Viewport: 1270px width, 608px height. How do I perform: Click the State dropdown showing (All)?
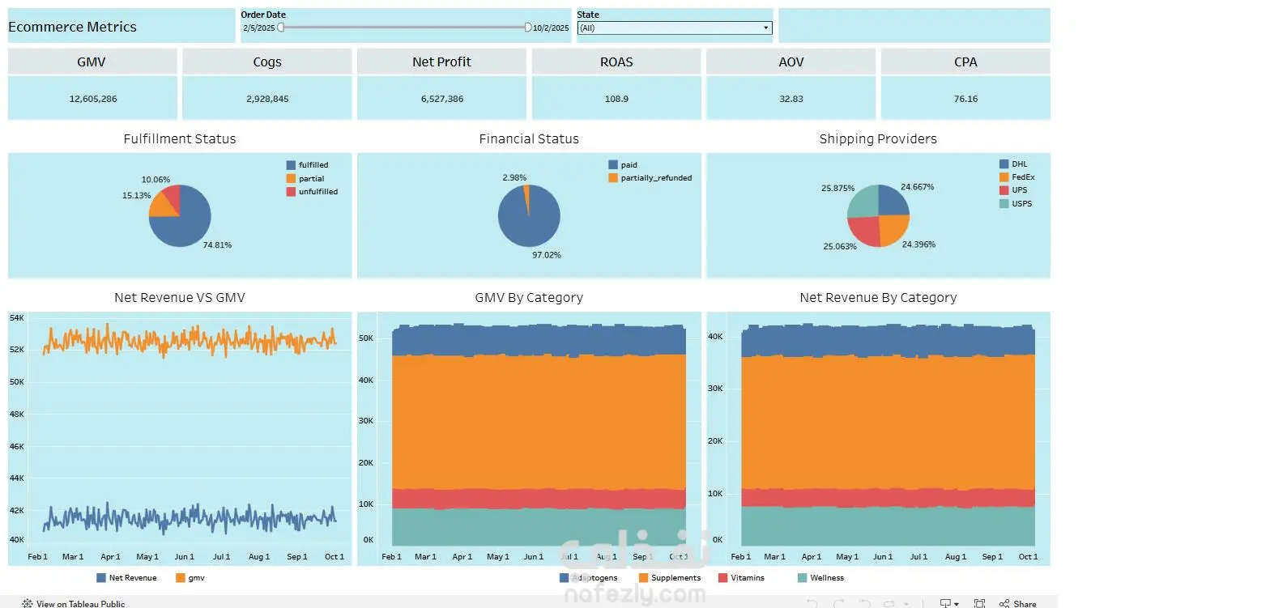click(675, 28)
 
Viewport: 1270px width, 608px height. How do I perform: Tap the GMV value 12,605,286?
click(93, 99)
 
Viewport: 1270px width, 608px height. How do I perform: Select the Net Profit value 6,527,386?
click(442, 99)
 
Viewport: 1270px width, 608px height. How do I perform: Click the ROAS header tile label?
click(616, 62)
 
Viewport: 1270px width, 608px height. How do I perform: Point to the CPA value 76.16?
click(965, 99)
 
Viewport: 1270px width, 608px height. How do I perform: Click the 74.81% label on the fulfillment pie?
click(217, 244)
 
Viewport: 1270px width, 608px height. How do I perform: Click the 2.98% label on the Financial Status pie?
click(514, 177)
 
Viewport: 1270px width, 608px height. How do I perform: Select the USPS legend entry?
click(1016, 203)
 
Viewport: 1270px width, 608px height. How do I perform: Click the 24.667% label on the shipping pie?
click(918, 187)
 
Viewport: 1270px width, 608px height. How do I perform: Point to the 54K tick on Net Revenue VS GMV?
click(17, 318)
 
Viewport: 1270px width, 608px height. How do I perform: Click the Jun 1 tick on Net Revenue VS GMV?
click(185, 556)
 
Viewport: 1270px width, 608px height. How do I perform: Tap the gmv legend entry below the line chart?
click(190, 578)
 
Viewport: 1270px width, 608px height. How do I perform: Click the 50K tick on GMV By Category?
click(366, 338)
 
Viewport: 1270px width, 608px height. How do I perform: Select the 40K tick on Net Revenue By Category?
click(715, 337)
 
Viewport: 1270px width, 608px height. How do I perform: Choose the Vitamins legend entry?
click(742, 578)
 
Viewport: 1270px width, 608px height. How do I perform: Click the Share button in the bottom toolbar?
click(1018, 603)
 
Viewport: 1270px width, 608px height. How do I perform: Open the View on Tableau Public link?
click(74, 603)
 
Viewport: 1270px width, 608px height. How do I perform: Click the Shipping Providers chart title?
click(878, 138)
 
